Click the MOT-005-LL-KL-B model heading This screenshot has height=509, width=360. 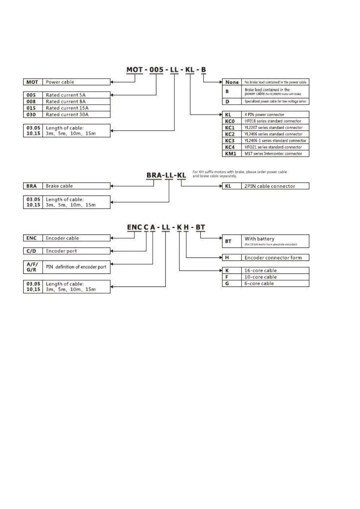[166, 70]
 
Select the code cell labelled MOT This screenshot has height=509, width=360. [32, 82]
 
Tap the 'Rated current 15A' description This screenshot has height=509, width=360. [67, 108]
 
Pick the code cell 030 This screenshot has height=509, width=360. [31, 115]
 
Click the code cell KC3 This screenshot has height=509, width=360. [230, 141]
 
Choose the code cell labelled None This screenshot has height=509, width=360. [232, 82]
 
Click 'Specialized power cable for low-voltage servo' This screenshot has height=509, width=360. [275, 102]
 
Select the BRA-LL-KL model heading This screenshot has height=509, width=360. [166, 175]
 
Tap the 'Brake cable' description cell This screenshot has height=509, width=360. [59, 186]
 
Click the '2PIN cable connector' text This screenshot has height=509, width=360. [270, 186]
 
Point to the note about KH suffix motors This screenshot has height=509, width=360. [239, 174]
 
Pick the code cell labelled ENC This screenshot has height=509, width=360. [31, 238]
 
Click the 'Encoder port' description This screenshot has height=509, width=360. [61, 251]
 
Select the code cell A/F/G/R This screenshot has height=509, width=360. [32, 267]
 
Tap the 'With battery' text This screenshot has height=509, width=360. [259, 239]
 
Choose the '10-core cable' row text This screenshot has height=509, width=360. [261, 277]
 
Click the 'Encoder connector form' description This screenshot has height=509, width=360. [273, 258]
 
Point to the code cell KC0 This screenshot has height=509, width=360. [230, 121]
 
